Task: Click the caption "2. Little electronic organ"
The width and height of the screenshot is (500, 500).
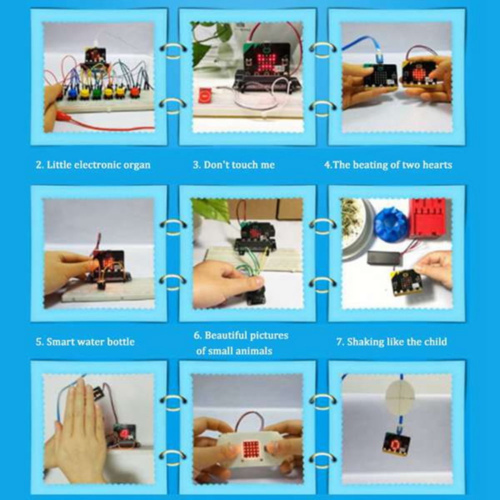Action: point(93,165)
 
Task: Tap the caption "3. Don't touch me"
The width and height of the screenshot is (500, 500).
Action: point(233,164)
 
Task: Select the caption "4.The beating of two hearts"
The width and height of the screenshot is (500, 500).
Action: point(388,164)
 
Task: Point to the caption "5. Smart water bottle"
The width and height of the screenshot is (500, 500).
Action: point(85,342)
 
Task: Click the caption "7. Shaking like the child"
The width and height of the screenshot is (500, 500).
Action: point(391,342)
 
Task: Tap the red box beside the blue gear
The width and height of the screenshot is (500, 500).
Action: point(427,217)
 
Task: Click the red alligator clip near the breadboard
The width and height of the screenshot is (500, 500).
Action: point(64,116)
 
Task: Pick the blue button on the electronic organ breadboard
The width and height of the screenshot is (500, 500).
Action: point(73,92)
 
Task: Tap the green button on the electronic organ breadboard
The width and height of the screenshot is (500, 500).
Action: point(96,93)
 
